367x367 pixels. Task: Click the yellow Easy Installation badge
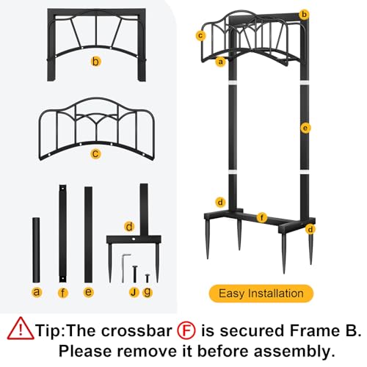pyautogui.click(x=261, y=294)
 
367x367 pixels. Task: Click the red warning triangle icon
pyautogui.click(x=21, y=329)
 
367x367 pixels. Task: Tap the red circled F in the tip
pyautogui.click(x=186, y=330)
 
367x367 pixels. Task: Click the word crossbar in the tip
pyautogui.click(x=137, y=330)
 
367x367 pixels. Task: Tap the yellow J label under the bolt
pyautogui.click(x=134, y=292)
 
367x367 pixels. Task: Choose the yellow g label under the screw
pyautogui.click(x=148, y=292)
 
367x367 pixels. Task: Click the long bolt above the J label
pyautogui.click(x=134, y=274)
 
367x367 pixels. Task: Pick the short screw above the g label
pyautogui.click(x=147, y=279)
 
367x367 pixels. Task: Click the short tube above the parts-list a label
pyautogui.click(x=36, y=250)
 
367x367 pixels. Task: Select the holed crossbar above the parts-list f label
pyautogui.click(x=62, y=233)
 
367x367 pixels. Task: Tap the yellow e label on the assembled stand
pyautogui.click(x=305, y=128)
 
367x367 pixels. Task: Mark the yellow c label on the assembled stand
pyautogui.click(x=200, y=36)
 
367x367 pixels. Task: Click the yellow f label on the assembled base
pyautogui.click(x=262, y=217)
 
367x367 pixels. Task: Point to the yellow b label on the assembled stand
pyautogui.click(x=304, y=15)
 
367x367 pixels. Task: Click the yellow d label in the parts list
pyautogui.click(x=129, y=227)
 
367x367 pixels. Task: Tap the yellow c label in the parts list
pyautogui.click(x=95, y=153)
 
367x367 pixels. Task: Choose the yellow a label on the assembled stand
pyautogui.click(x=221, y=62)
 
